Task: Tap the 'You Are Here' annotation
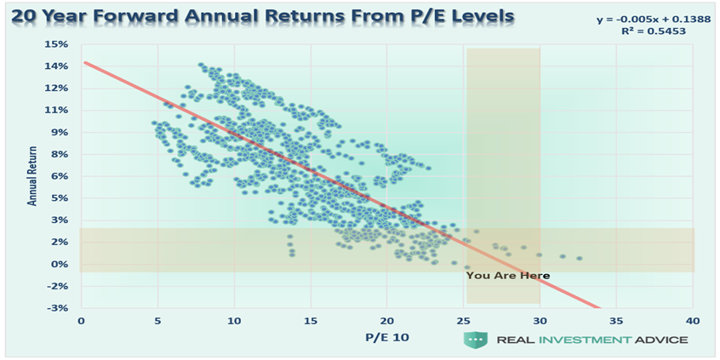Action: point(507,276)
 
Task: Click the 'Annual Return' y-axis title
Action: point(33,177)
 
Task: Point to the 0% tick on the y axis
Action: point(60,264)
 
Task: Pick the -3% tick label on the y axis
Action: point(58,308)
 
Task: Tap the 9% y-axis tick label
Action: point(60,132)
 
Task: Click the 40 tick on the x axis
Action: point(693,321)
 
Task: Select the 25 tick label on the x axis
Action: point(463,321)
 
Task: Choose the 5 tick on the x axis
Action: point(157,321)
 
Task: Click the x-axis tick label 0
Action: point(82,321)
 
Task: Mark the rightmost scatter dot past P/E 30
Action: point(579,258)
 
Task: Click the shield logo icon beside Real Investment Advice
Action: point(475,340)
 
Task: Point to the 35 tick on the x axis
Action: point(616,321)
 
